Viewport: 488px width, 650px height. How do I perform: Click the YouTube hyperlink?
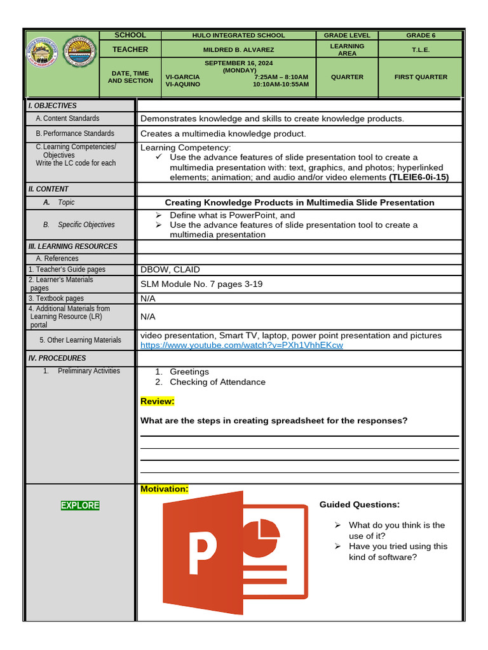[x=241, y=345]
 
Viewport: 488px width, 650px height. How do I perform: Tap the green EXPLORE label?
[x=80, y=505]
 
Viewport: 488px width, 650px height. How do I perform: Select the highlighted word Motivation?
[x=165, y=489]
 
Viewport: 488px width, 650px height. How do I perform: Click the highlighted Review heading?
[x=157, y=401]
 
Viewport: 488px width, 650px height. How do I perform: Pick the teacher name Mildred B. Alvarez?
[x=238, y=50]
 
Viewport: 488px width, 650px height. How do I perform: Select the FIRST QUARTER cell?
[x=421, y=77]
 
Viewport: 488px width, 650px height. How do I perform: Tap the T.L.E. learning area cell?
[x=421, y=50]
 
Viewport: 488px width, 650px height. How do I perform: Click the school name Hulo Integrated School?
[x=238, y=36]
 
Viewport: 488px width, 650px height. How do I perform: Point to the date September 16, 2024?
[x=239, y=63]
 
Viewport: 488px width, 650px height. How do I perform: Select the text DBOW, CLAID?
[x=170, y=270]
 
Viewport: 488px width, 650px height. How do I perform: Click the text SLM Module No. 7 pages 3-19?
[x=201, y=284]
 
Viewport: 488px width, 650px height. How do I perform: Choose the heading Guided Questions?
[x=360, y=505]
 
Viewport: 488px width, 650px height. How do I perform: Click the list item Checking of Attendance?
[x=217, y=382]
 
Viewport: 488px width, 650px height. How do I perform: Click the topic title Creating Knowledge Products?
[x=299, y=202]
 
